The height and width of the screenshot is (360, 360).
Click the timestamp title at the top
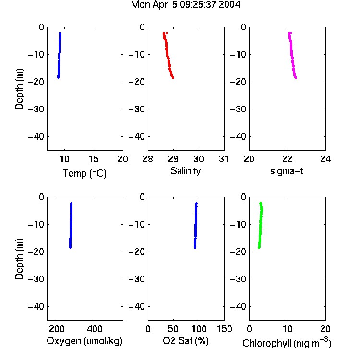(185, 5)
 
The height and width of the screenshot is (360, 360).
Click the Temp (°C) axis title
(84, 173)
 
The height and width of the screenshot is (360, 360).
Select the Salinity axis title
(185, 171)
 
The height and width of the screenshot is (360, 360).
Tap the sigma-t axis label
(287, 171)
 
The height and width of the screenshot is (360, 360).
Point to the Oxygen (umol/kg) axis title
(84, 341)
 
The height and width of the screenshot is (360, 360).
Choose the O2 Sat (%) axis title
(186, 341)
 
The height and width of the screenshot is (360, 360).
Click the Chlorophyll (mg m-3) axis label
(287, 342)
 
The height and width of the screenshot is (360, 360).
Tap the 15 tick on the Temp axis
(94, 159)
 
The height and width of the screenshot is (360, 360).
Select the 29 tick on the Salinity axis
(173, 159)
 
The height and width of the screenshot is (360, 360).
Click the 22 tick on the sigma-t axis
(288, 159)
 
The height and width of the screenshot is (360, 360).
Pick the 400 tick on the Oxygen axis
(95, 329)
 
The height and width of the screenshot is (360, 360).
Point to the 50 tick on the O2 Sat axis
(173, 329)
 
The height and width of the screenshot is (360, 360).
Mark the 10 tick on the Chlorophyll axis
(288, 329)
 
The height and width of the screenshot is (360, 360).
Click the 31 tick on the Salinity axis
(224, 159)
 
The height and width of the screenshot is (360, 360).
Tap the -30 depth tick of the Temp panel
(36, 109)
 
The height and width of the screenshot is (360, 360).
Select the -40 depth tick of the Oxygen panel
(36, 306)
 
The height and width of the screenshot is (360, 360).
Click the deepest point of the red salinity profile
(173, 78)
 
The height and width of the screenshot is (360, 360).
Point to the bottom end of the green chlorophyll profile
(259, 248)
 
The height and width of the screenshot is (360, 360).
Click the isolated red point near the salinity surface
(167, 33)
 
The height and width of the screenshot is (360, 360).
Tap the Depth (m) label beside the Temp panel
(19, 89)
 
